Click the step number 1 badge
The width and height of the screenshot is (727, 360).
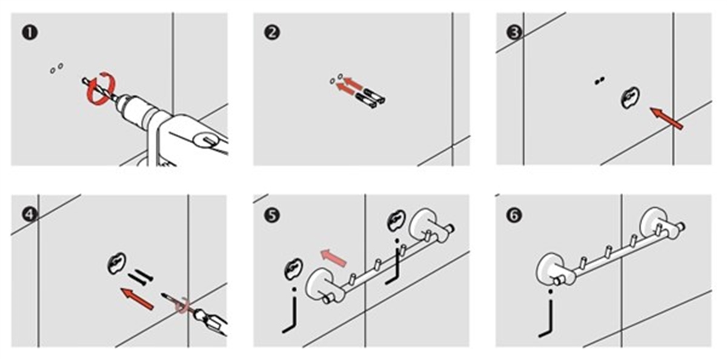[x=30, y=33]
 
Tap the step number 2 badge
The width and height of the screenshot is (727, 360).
[x=272, y=33]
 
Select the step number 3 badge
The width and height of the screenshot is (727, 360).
[x=514, y=33]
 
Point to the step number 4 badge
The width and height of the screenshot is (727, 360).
[x=30, y=215]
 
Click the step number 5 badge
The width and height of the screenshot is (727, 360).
[x=272, y=215]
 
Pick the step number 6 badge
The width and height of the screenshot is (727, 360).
[x=514, y=215]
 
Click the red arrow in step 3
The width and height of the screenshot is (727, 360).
[x=667, y=119]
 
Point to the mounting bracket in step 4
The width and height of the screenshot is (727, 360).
[x=117, y=263]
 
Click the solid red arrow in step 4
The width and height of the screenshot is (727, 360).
[x=137, y=298]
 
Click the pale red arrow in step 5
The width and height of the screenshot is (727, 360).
[x=333, y=258]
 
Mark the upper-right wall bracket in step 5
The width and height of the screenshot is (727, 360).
[x=397, y=221]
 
